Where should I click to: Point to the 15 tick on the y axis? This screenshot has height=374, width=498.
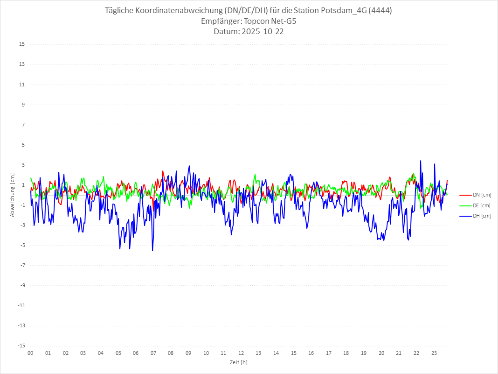[22, 44]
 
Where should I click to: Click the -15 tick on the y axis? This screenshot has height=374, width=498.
[21, 346]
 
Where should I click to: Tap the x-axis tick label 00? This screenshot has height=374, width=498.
[30, 353]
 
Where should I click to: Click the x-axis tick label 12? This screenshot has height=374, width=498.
[241, 353]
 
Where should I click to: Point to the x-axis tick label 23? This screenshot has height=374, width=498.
[434, 353]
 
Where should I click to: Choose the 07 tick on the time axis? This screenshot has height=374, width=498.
[153, 353]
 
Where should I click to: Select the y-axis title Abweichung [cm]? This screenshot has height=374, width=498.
[13, 195]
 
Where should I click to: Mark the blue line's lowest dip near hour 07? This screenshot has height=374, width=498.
[152, 251]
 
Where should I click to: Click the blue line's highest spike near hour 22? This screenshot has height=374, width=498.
[421, 161]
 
